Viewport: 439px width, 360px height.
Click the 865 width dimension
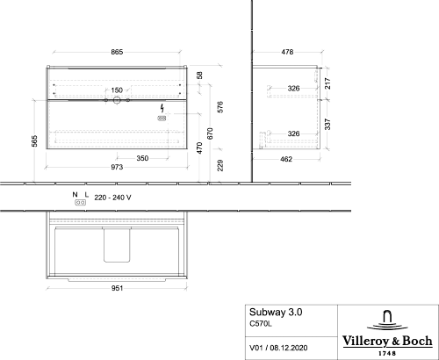point(117,52)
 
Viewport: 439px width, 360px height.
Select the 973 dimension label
point(117,167)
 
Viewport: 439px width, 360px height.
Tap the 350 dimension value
point(142,158)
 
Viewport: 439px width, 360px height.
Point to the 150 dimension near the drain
point(117,90)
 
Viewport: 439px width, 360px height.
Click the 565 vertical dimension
point(34,141)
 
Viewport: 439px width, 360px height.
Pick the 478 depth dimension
point(287,52)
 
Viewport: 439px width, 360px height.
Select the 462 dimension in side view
point(286,159)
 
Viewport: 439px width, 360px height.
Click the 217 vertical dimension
point(327,83)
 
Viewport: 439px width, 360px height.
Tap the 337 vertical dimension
point(327,124)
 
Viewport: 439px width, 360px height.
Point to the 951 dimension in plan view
point(117,288)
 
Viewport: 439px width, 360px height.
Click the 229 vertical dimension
point(221,165)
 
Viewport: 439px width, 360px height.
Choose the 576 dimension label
point(221,107)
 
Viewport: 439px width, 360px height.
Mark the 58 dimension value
point(199,76)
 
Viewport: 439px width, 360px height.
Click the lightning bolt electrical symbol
point(162,108)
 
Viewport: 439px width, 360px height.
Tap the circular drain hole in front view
point(117,100)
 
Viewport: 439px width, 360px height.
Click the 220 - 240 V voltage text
point(112,198)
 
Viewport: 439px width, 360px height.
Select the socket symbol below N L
point(81,202)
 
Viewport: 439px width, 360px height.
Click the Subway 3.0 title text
point(276,313)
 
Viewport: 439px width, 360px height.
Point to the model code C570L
point(261,324)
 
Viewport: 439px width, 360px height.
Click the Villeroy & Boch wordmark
point(387,341)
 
